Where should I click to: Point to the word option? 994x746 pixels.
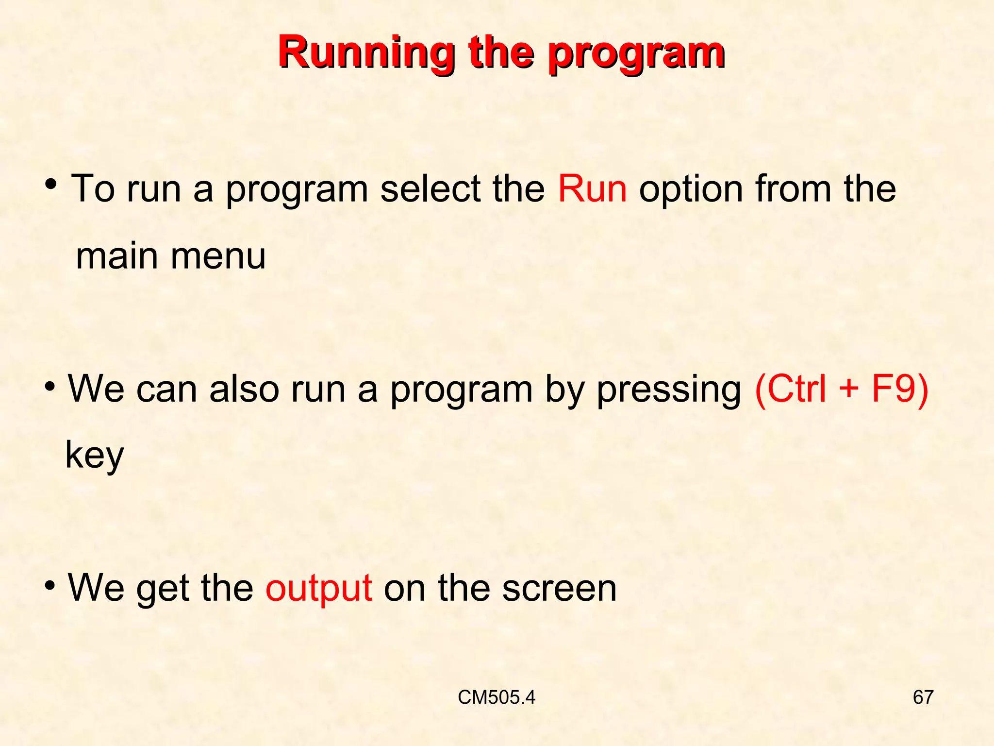pyautogui.click(x=691, y=189)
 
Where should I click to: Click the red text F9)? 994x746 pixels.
pyautogui.click(x=900, y=389)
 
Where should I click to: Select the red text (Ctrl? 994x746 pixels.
pyautogui.click(x=791, y=389)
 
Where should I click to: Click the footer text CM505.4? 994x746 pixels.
pyautogui.click(x=497, y=697)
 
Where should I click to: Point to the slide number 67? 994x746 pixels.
pyautogui.click(x=923, y=697)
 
